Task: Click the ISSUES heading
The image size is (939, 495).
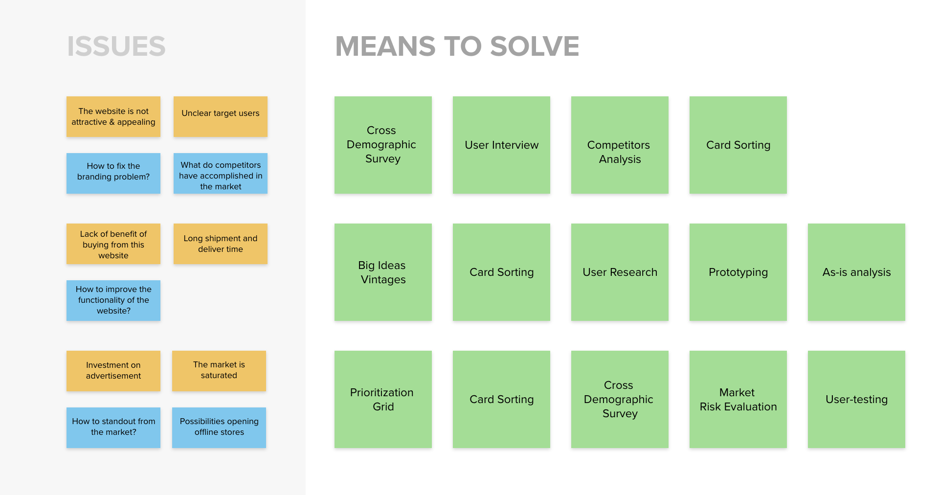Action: [116, 46]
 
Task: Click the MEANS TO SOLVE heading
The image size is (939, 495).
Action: [457, 46]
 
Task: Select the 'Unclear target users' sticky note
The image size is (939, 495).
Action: [221, 116]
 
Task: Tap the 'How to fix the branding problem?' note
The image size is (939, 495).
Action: [113, 173]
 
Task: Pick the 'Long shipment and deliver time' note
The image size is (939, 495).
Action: [221, 244]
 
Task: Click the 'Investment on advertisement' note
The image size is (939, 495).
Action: [113, 371]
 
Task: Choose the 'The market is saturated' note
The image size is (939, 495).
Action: [219, 371]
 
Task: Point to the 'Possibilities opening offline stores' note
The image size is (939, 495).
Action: [219, 427]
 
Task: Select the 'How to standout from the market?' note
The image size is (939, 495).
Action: [113, 427]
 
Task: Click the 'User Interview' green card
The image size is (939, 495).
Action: [501, 145]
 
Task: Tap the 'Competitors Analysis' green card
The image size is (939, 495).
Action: [620, 145]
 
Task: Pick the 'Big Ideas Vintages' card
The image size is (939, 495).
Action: [383, 272]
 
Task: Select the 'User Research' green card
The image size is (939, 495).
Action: [620, 272]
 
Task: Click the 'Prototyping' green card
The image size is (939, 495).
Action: [738, 272]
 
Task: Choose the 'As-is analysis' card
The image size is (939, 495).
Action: [856, 272]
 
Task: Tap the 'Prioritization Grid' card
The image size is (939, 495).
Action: [383, 399]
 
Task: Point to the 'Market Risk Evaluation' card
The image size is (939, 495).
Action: [738, 399]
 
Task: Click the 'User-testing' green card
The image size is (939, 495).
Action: [856, 399]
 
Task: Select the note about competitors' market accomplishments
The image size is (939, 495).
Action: [221, 173]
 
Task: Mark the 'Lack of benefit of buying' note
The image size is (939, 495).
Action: [113, 244]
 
